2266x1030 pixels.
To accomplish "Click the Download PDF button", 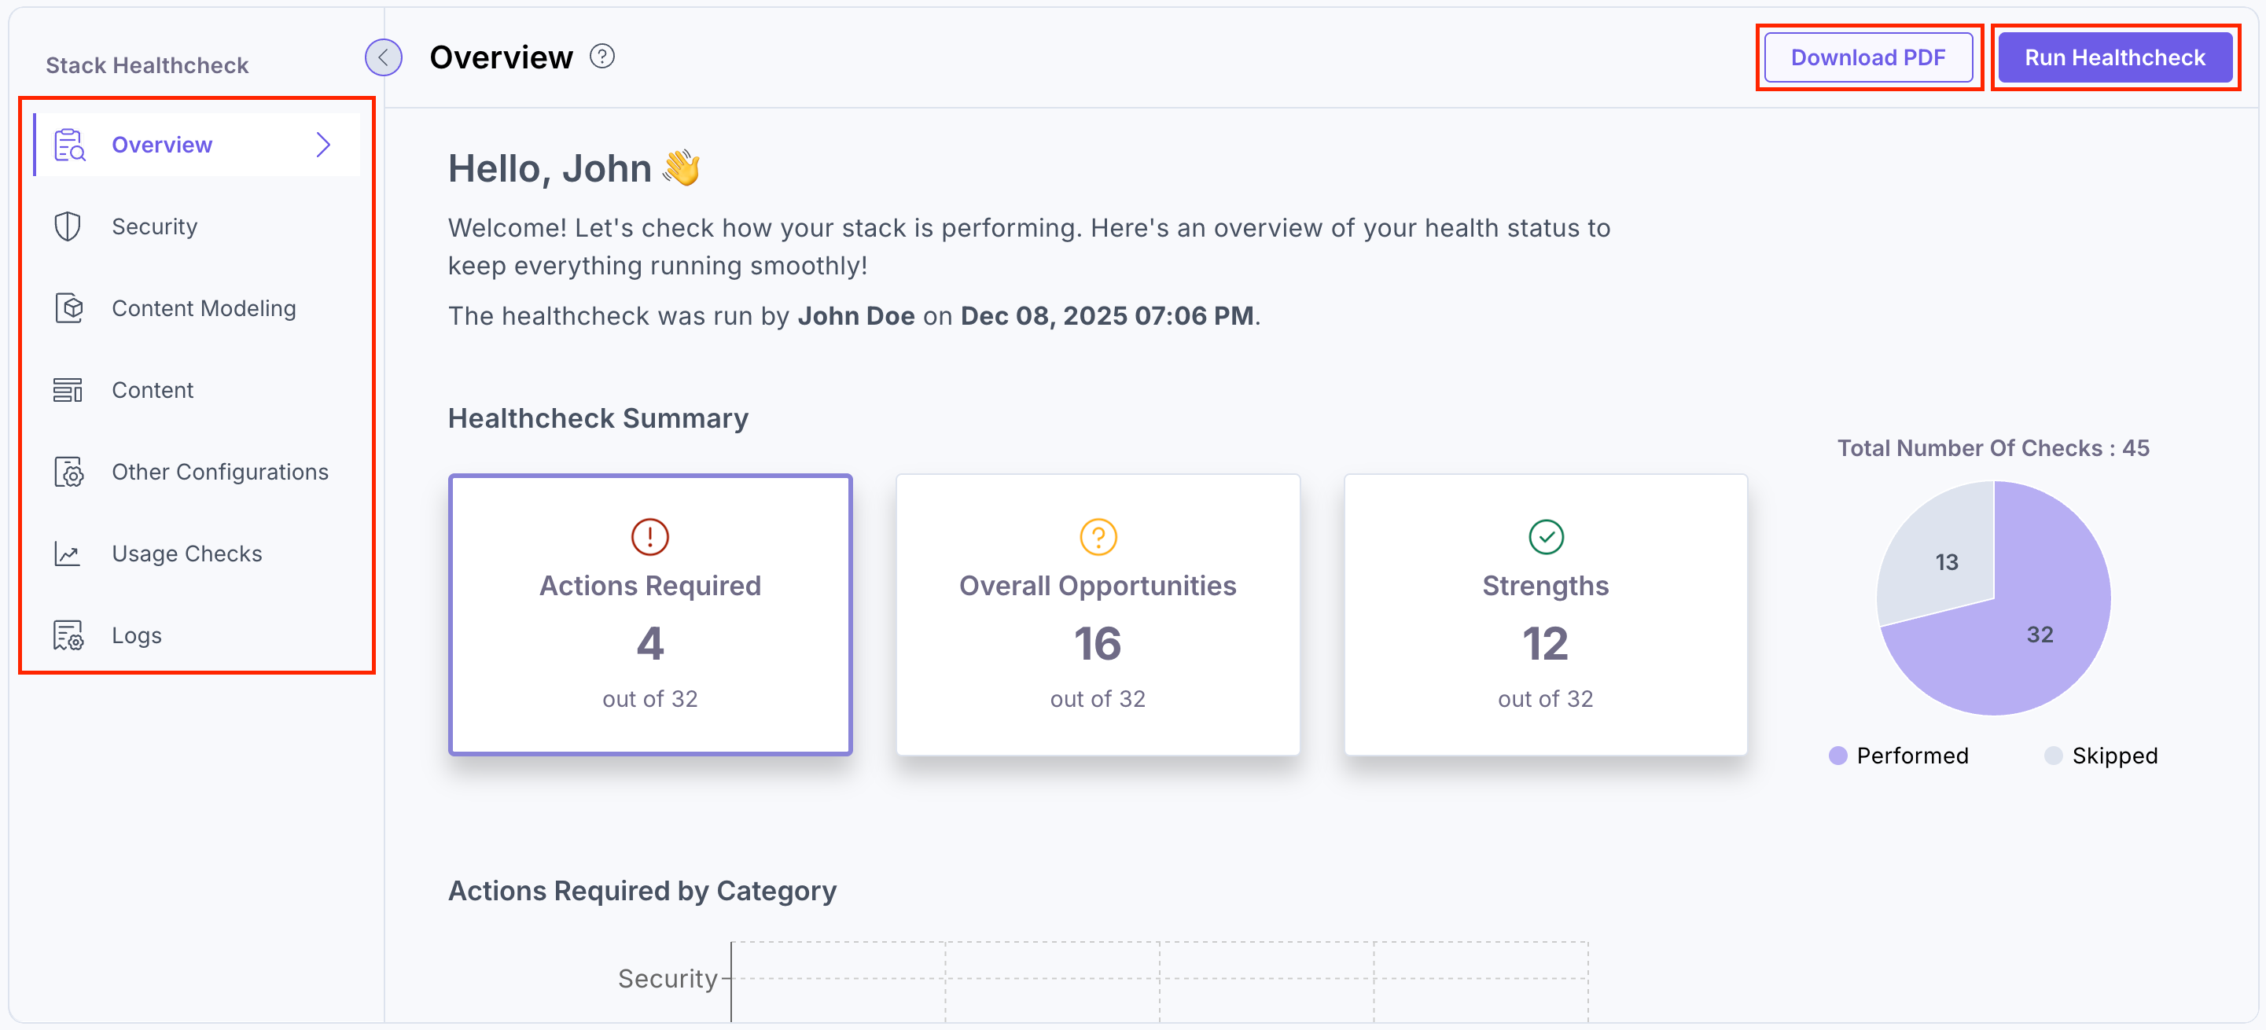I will (x=1867, y=58).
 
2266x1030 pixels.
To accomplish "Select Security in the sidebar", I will (x=154, y=227).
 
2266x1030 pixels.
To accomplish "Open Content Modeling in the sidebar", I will (x=203, y=309).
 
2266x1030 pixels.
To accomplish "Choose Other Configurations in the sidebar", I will (x=219, y=473).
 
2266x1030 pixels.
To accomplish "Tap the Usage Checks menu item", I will (x=186, y=554).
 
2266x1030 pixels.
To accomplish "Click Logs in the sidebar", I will (x=136, y=636).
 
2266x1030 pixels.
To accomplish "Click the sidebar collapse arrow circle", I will (x=384, y=58).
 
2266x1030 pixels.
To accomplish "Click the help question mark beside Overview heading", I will (x=601, y=57).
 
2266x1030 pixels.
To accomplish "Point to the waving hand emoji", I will (x=682, y=168).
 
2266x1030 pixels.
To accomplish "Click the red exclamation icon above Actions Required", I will (x=650, y=536).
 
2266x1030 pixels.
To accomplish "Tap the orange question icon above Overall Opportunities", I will (x=1098, y=536).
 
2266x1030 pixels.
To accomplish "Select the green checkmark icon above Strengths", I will (x=1546, y=536).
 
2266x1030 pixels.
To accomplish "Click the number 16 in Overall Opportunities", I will (x=1098, y=644).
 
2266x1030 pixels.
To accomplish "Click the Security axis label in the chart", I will (x=668, y=978).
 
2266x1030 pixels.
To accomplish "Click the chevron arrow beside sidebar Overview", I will (x=324, y=145).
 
